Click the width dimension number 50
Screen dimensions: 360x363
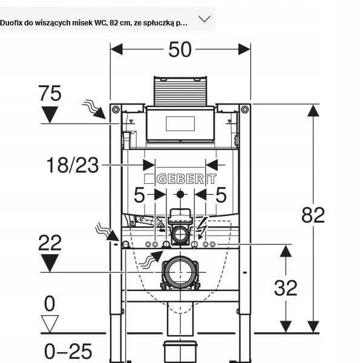click(180, 50)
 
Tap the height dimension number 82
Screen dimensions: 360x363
click(313, 215)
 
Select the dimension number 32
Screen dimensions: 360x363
click(286, 288)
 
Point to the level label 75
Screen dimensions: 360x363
click(50, 93)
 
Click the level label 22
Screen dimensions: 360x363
click(50, 243)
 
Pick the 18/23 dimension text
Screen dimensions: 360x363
click(73, 165)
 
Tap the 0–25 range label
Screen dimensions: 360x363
click(68, 351)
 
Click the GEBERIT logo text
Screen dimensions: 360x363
click(186, 178)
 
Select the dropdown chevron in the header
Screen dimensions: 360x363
click(205, 19)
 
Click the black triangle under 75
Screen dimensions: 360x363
click(50, 114)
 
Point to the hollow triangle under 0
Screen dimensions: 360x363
click(50, 324)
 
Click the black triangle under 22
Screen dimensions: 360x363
click(50, 263)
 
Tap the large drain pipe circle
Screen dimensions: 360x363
click(180, 272)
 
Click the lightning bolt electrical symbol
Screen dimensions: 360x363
click(202, 228)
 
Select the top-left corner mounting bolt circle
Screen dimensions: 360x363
click(116, 110)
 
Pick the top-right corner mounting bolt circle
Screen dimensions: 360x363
click(244, 110)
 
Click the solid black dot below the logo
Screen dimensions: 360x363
click(180, 194)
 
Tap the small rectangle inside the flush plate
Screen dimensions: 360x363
click(180, 123)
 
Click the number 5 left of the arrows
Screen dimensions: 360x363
click(139, 195)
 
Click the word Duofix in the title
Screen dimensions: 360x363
click(11, 23)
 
